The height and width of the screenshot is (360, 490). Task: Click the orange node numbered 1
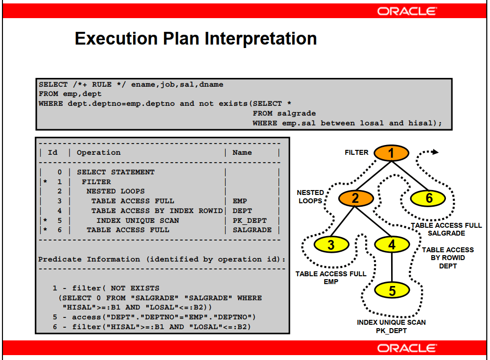point(391,153)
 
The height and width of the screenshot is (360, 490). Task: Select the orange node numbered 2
point(355,198)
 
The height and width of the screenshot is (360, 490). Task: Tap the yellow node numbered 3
point(331,244)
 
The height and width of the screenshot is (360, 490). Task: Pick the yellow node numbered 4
point(392,244)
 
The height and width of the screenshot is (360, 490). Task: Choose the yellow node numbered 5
point(392,290)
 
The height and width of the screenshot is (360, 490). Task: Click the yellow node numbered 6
point(429,198)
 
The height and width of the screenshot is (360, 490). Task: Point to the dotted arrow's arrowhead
point(435,152)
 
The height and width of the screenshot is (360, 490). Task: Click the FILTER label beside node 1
point(356,152)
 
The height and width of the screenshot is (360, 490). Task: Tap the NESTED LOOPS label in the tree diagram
point(310,197)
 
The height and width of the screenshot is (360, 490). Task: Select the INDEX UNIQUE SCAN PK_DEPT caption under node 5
point(391,327)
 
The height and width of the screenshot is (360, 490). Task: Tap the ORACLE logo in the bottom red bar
point(407,348)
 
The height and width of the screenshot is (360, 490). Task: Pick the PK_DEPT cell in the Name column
point(250,220)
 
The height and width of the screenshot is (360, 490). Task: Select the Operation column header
point(98,152)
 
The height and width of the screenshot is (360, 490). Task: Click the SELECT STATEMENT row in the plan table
point(116,172)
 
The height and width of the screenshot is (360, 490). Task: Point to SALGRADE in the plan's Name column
point(252,230)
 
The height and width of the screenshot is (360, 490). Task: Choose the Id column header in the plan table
point(52,152)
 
